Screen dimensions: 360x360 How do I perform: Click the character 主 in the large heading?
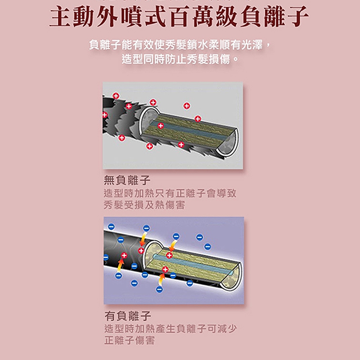click(x=60, y=17)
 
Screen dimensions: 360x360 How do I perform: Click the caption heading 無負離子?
click(x=127, y=180)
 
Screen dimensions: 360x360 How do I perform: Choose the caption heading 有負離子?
click(x=127, y=316)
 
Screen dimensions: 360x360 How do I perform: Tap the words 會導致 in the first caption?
click(x=221, y=193)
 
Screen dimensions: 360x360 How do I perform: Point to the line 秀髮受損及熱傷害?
click(x=144, y=205)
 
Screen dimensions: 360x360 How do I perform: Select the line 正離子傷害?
click(x=129, y=341)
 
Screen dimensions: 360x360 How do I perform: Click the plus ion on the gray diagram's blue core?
click(x=161, y=126)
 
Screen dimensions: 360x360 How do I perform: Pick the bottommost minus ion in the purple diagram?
click(x=159, y=289)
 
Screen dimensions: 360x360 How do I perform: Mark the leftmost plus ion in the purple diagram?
click(x=124, y=255)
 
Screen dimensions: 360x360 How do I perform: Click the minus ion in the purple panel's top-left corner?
click(x=111, y=226)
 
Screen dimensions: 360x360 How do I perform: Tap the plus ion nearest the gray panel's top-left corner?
click(x=116, y=96)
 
